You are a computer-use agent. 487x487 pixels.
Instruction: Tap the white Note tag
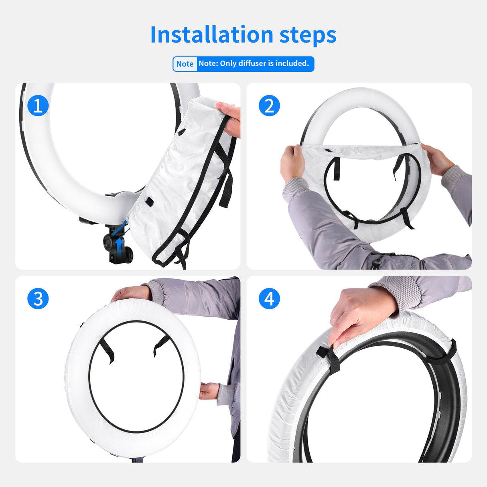[185, 64]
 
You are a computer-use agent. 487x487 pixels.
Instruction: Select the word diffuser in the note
[252, 64]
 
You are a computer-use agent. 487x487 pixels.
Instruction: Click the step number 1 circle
[38, 106]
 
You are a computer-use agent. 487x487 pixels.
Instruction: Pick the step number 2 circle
[269, 106]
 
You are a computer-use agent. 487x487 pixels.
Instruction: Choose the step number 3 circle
[38, 298]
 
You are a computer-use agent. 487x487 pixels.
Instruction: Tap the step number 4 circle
[269, 298]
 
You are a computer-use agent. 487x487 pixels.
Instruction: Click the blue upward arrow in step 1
[119, 242]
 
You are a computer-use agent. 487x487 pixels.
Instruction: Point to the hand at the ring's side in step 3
[209, 391]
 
